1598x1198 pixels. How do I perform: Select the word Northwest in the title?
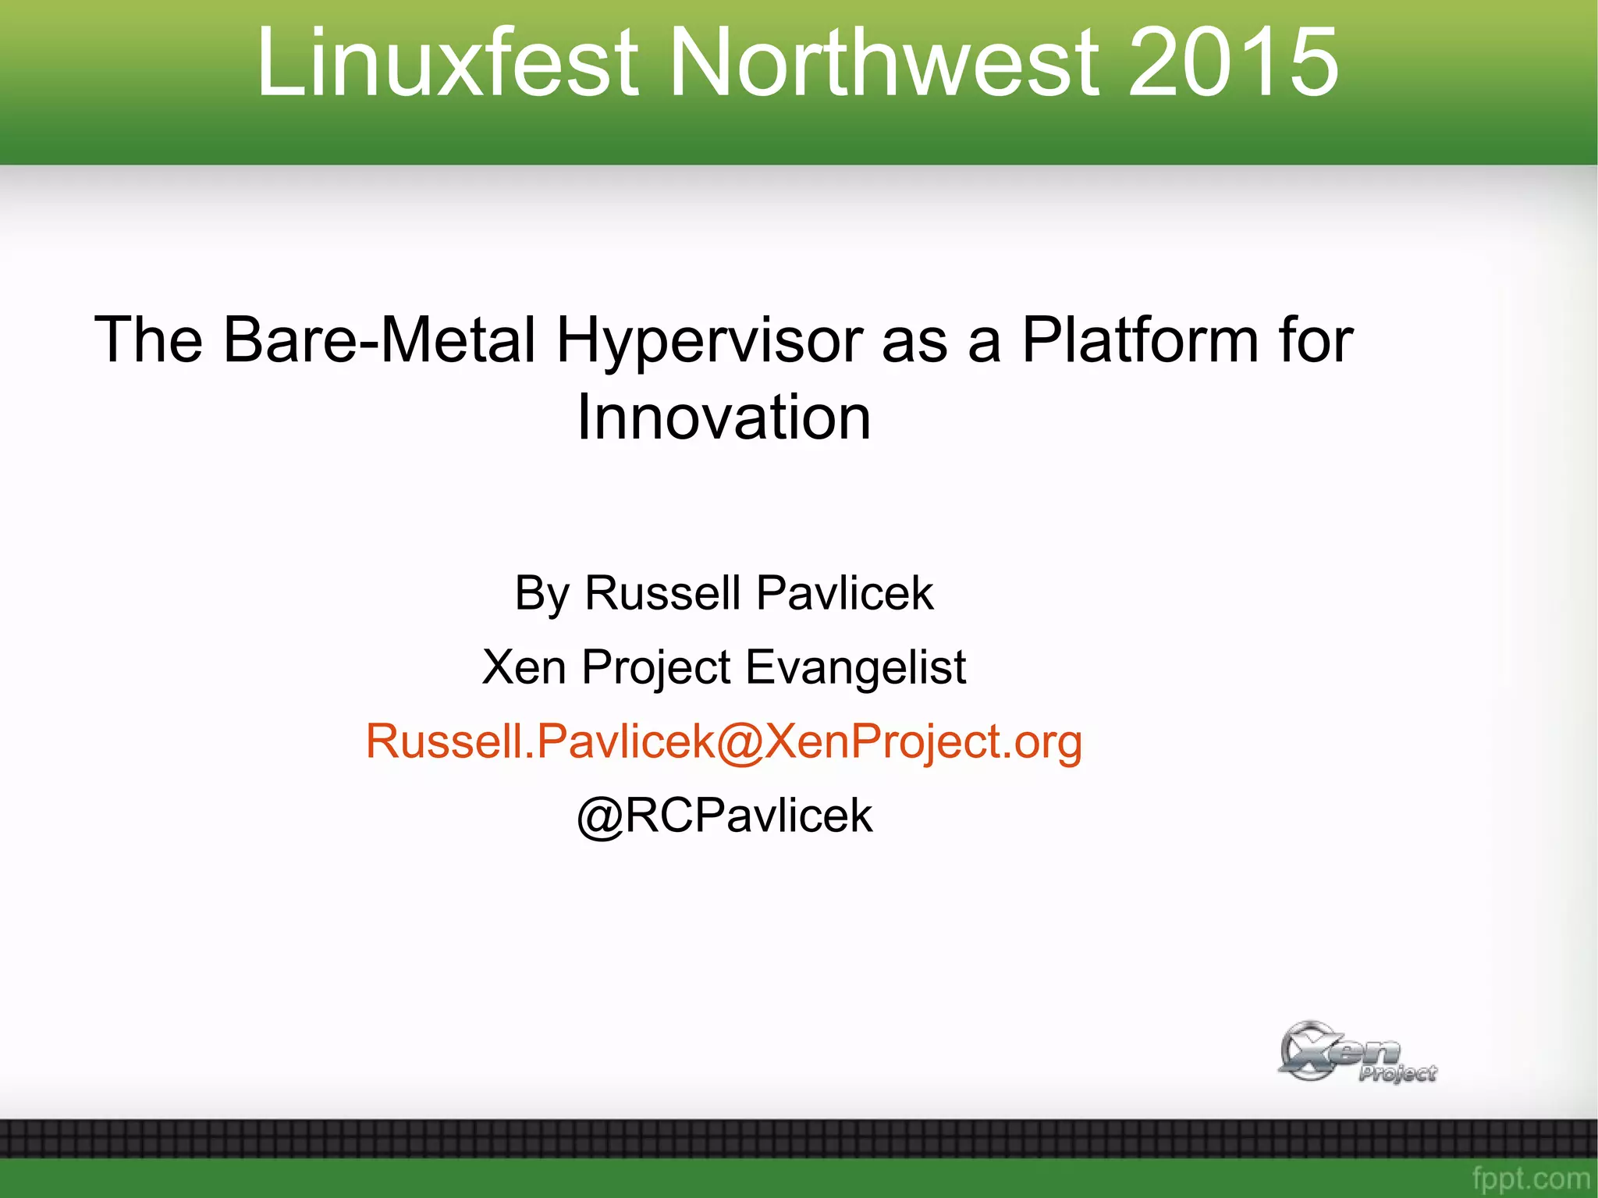pyautogui.click(x=885, y=62)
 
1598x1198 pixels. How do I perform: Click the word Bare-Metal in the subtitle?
pyautogui.click(x=379, y=340)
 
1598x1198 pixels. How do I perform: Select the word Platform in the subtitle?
pyautogui.click(x=1139, y=340)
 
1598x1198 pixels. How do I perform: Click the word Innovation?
pyautogui.click(x=723, y=418)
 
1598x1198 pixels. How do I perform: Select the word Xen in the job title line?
pyautogui.click(x=524, y=668)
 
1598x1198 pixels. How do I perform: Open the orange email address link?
pyautogui.click(x=723, y=741)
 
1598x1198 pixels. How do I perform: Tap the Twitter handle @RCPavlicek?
pyautogui.click(x=724, y=816)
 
